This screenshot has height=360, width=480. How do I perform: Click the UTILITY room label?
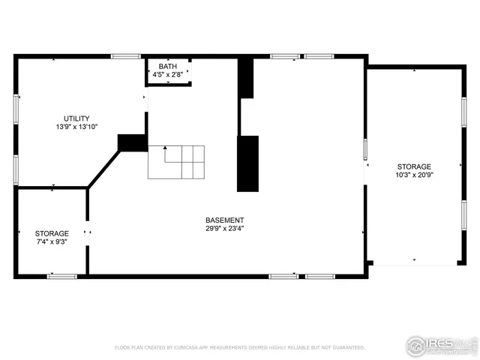76,118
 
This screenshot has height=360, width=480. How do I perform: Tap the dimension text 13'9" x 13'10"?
76,127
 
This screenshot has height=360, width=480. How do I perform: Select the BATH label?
167,67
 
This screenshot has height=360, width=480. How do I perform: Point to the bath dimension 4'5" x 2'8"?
167,75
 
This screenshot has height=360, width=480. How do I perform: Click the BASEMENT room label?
224,220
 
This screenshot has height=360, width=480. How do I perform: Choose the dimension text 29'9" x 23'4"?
224,229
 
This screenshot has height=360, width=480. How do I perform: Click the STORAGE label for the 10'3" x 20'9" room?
414,166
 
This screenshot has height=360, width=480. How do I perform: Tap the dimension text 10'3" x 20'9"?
414,175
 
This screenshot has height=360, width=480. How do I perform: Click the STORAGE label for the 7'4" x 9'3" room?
52,233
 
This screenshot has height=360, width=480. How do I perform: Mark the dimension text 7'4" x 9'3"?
52,242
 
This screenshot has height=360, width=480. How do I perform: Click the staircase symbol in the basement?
176,161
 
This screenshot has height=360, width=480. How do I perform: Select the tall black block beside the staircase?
247,163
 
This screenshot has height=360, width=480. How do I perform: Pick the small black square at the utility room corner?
132,142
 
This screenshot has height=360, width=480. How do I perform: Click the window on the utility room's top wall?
126,56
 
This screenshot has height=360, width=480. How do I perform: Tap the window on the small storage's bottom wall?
61,276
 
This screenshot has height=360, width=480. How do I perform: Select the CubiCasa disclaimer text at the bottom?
239,348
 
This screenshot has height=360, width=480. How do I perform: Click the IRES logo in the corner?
441,345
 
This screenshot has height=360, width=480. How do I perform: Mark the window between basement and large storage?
365,149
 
